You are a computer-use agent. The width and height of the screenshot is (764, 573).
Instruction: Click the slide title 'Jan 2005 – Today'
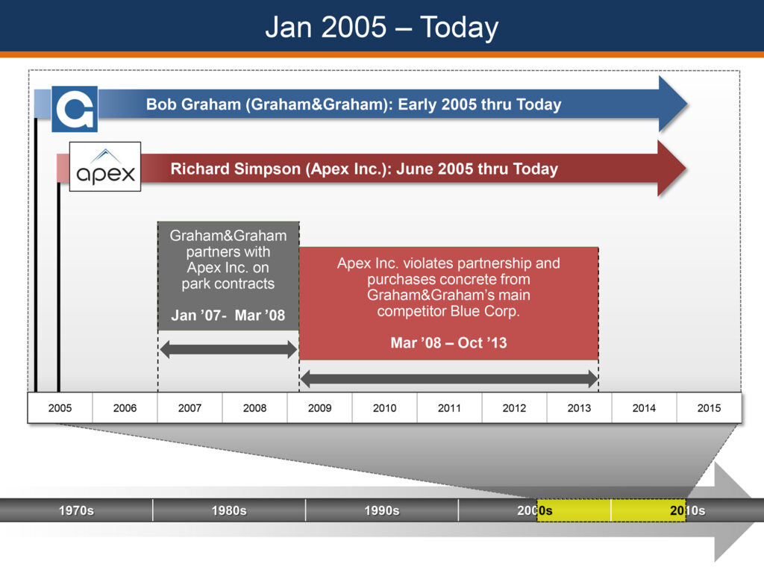tap(382, 28)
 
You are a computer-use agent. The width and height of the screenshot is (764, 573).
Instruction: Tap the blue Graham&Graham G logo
tap(75, 109)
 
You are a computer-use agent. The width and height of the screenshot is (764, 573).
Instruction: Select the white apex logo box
tap(105, 166)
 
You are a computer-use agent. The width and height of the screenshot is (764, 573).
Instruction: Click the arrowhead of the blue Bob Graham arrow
tap(673, 104)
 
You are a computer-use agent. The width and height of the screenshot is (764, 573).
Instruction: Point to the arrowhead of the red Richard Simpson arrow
tap(672, 169)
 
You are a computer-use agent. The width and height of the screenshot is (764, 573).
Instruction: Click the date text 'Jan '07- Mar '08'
tap(228, 316)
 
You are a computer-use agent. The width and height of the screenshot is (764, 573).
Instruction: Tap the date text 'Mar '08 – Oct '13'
tap(448, 342)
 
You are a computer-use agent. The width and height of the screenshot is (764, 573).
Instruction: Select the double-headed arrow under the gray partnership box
tap(228, 349)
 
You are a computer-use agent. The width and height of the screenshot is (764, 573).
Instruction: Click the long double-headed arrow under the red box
tap(448, 378)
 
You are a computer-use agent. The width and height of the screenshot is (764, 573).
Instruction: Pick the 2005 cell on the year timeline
tap(60, 408)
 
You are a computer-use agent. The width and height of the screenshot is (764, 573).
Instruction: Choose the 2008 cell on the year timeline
tap(255, 408)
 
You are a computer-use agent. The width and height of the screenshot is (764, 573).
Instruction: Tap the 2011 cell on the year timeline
tap(449, 408)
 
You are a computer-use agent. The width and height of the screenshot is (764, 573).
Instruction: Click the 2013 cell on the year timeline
tap(579, 408)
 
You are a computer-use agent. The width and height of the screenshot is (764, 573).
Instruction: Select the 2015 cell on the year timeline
tap(709, 408)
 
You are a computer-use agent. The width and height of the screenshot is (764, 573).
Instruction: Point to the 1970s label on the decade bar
tap(77, 510)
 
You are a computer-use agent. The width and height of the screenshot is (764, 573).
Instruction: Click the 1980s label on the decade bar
tap(229, 510)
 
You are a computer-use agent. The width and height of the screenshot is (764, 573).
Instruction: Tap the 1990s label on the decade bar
tap(382, 510)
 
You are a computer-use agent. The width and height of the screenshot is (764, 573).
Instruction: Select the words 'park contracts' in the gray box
tap(228, 284)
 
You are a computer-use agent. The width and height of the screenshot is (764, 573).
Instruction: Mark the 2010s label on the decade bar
tap(687, 510)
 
